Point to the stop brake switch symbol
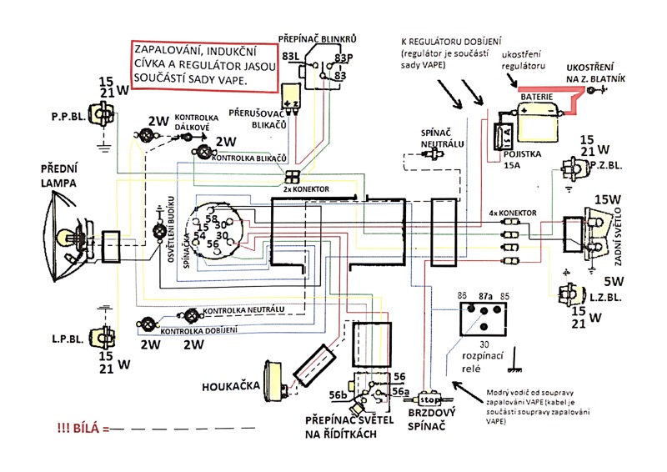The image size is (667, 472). [x=430, y=399]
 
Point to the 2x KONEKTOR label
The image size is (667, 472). [x=306, y=190]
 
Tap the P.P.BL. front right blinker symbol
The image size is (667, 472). [x=105, y=119]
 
